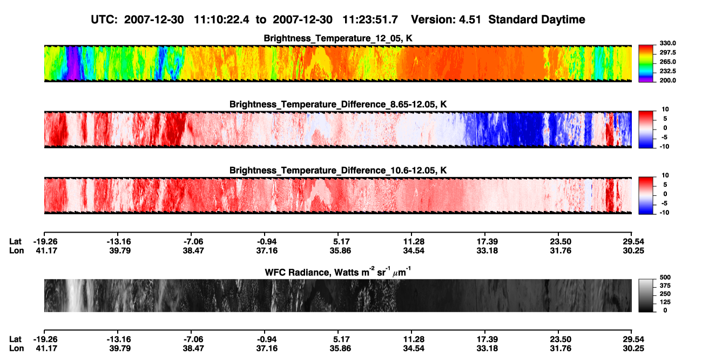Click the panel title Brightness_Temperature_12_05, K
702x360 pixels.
[x=338, y=38]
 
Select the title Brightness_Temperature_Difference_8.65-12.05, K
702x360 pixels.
[x=338, y=104]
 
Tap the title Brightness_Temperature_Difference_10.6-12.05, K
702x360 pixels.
[x=338, y=171]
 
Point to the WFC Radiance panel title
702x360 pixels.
[x=338, y=272]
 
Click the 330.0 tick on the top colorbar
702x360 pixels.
[x=667, y=43]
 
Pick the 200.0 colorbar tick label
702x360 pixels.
[x=667, y=80]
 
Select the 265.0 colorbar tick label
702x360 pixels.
[x=667, y=62]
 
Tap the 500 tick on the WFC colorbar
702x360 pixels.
[x=665, y=277]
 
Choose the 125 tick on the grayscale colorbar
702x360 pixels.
[x=665, y=302]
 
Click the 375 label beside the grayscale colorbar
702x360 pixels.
[x=665, y=286]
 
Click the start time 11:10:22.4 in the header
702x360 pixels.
[x=221, y=20]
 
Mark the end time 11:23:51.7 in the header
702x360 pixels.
[x=370, y=20]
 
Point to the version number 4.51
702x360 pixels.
[x=469, y=20]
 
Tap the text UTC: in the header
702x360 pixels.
[x=104, y=20]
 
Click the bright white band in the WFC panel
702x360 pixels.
[x=75, y=295]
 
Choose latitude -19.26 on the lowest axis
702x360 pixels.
[x=45, y=339]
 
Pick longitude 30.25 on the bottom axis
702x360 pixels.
[x=633, y=349]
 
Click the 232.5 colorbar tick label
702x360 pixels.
[x=667, y=71]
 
